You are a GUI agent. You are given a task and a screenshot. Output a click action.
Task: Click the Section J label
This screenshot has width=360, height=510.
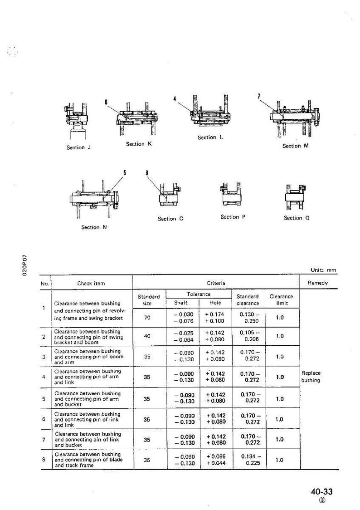point(78,147)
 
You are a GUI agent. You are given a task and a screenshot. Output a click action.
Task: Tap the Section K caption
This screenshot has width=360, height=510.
point(139,144)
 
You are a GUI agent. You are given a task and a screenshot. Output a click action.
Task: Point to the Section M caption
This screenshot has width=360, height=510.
point(295,146)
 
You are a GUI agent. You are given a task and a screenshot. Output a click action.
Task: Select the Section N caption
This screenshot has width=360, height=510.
point(94,227)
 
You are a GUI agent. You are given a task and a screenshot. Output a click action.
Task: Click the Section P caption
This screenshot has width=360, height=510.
point(233,216)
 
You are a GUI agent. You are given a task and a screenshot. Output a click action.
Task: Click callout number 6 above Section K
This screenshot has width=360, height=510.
point(106,102)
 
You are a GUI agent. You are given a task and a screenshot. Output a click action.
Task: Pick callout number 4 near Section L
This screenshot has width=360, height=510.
point(175,99)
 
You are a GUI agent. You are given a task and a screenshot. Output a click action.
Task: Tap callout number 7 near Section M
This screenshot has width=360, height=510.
point(258,96)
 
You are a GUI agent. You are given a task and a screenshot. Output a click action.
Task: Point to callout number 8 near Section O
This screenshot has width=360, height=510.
point(147,173)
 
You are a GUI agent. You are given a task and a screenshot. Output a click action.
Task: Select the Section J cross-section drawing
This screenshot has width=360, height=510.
point(76,121)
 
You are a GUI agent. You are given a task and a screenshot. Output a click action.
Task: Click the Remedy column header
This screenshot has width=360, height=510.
point(317,283)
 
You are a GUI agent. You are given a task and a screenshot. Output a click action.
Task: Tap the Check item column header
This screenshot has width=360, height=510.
point(91,283)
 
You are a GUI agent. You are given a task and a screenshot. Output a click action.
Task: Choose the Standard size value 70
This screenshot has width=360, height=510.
point(147,318)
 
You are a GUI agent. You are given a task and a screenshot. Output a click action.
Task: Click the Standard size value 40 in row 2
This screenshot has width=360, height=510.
point(147,336)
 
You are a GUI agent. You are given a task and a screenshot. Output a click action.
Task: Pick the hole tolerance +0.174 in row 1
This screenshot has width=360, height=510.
point(215,314)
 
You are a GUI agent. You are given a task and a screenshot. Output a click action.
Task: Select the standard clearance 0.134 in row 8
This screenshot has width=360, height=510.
point(248,456)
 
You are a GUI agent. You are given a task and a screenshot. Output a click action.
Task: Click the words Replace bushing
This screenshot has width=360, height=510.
point(311,377)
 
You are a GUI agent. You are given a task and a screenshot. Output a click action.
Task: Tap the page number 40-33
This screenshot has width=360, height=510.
point(321,491)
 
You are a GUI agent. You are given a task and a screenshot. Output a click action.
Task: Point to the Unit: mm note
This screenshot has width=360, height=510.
point(323,270)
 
